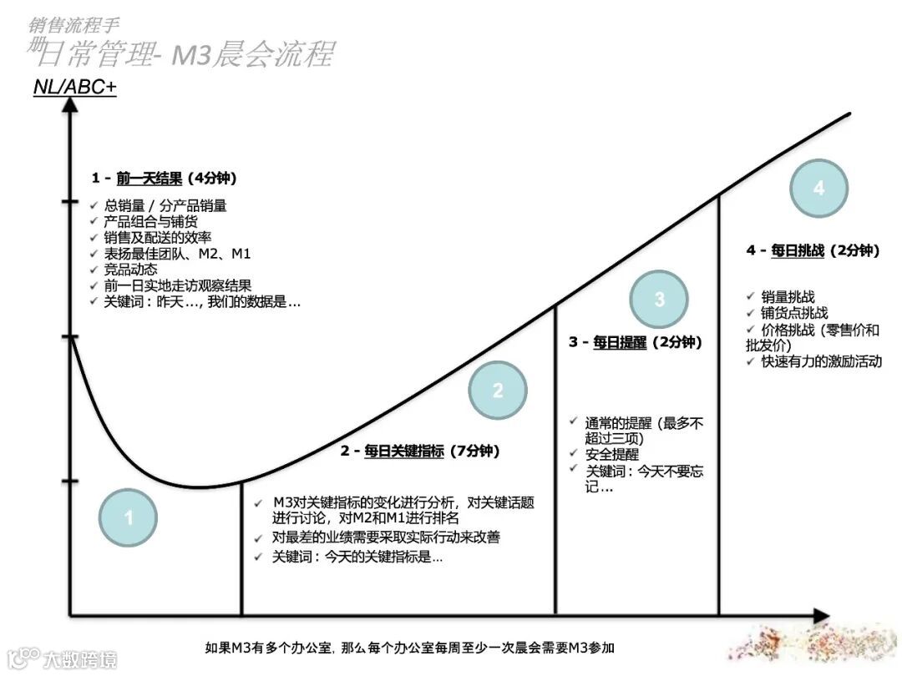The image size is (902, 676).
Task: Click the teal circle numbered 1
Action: (x=128, y=518)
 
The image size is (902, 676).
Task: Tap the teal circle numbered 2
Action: (x=498, y=390)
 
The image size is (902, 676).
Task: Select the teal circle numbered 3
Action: (x=659, y=299)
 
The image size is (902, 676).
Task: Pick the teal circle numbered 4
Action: (x=818, y=189)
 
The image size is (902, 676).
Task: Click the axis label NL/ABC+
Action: (x=74, y=87)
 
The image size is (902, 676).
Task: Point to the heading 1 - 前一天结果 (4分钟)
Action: (x=165, y=178)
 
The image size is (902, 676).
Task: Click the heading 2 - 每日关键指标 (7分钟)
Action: (x=420, y=452)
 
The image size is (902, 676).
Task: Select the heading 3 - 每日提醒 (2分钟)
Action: (x=636, y=342)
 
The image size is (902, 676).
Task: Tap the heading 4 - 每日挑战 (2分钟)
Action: (x=813, y=250)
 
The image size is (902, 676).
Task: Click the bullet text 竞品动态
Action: (x=130, y=270)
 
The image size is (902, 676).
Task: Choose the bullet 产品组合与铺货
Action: (x=150, y=221)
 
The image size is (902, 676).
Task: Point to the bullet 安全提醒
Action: (x=612, y=455)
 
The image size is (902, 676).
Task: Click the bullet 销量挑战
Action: (x=788, y=296)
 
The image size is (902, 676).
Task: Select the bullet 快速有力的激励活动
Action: (x=821, y=361)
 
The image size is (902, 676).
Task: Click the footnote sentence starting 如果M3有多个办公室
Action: (x=411, y=648)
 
